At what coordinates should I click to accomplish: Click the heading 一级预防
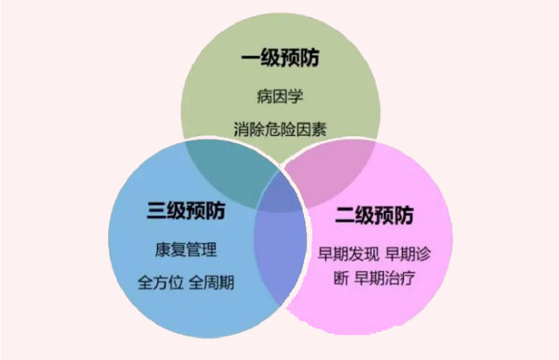coord(280,60)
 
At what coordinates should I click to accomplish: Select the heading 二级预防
coord(374,217)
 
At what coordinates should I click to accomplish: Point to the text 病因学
coord(279,97)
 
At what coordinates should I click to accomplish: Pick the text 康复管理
coord(186,249)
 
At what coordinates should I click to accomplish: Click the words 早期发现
coord(348,253)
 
